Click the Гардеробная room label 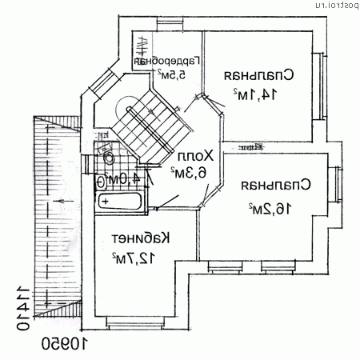[x=166, y=61]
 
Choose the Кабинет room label [x=142, y=238]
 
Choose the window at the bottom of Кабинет [x=136, y=322]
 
